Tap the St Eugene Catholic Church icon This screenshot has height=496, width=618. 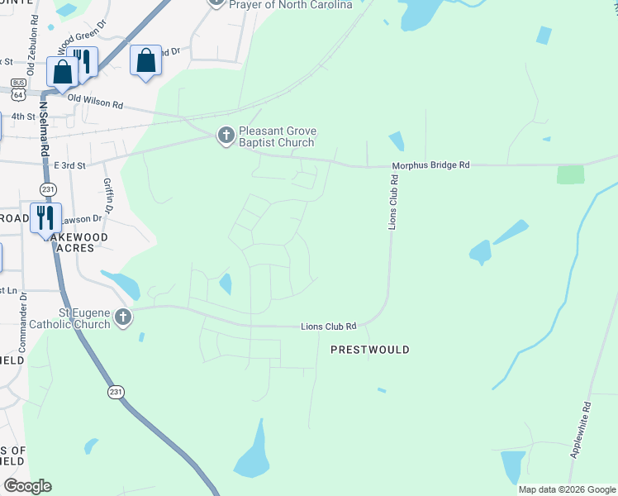122,317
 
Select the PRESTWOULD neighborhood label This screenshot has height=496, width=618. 369,351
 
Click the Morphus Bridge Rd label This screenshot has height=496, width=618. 430,165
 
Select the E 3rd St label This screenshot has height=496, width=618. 70,166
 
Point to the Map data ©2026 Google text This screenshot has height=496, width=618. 565,489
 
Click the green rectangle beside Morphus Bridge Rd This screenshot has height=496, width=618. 570,174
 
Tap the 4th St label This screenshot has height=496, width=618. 24,117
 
